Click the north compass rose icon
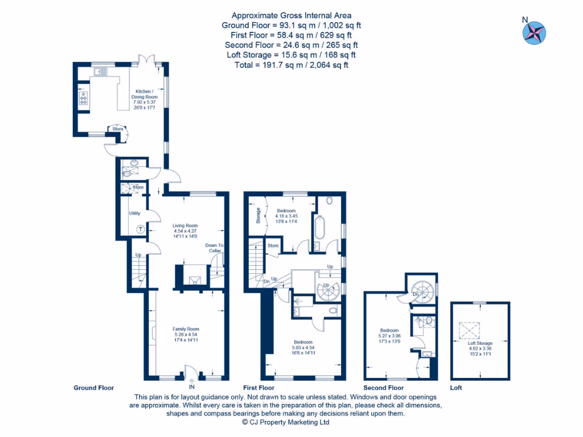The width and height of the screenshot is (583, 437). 534,32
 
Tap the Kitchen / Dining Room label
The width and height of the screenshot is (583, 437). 146,99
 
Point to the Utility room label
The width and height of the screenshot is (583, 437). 135,213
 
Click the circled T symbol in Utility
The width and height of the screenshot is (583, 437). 141,229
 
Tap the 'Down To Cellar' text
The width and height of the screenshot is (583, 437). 214,248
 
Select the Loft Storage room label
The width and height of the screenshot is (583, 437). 480,347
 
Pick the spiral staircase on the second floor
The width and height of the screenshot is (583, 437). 422,292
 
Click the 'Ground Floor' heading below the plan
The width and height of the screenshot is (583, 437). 94,388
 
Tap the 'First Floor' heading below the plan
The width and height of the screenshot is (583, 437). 259,388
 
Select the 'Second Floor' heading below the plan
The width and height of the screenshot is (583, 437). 384,388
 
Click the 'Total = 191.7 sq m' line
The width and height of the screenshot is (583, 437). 291,65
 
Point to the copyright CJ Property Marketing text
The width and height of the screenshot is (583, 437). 286,422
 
